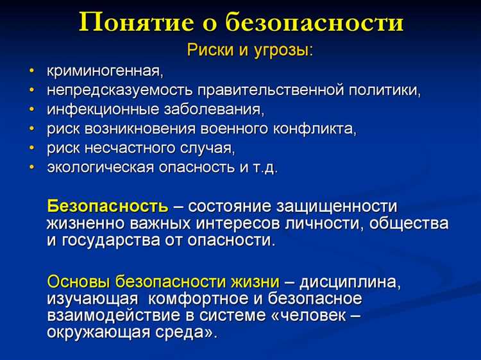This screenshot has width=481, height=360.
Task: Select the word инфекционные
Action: pos(96,109)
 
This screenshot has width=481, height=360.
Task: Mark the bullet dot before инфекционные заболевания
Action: pos(31,109)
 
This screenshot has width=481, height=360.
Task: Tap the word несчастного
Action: pos(129,148)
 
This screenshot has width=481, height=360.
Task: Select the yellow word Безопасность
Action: pos(108,207)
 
